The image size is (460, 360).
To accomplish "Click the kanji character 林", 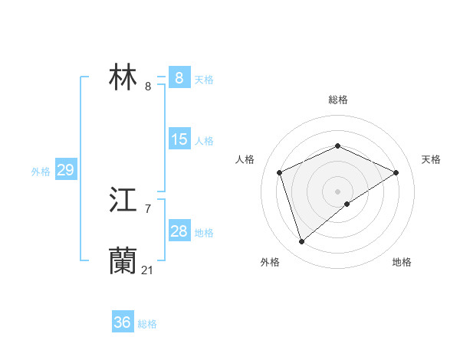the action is tap(123, 78).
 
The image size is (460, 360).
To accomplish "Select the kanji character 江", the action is tap(123, 201).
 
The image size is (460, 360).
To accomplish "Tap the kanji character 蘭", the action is tap(123, 260).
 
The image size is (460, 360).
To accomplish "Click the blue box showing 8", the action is tap(179, 77).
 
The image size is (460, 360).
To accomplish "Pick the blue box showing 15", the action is tap(179, 139).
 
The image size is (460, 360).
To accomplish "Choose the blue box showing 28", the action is tap(179, 231).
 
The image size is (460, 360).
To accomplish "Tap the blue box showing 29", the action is tap(65, 170).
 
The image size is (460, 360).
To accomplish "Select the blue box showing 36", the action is tap(123, 322).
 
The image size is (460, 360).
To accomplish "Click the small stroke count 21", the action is tap(147, 270).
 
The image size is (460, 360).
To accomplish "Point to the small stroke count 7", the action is tap(147, 208).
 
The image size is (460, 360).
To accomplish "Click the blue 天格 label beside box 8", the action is tap(204, 80).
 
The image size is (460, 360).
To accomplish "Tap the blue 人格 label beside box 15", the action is tap(204, 141).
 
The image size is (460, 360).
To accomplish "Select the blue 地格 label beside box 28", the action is tap(204, 233).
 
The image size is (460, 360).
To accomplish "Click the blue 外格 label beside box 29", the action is tap(41, 172).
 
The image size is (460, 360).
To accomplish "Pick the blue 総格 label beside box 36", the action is tap(147, 324).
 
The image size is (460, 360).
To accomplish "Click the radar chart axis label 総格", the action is tap(337, 100).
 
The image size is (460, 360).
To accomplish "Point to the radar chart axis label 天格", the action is tap(431, 159).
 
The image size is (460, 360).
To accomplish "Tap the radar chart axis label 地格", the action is tap(402, 263).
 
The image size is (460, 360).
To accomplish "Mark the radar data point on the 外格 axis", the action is tap(302, 242).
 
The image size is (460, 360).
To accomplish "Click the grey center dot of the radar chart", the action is tap(337, 191).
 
